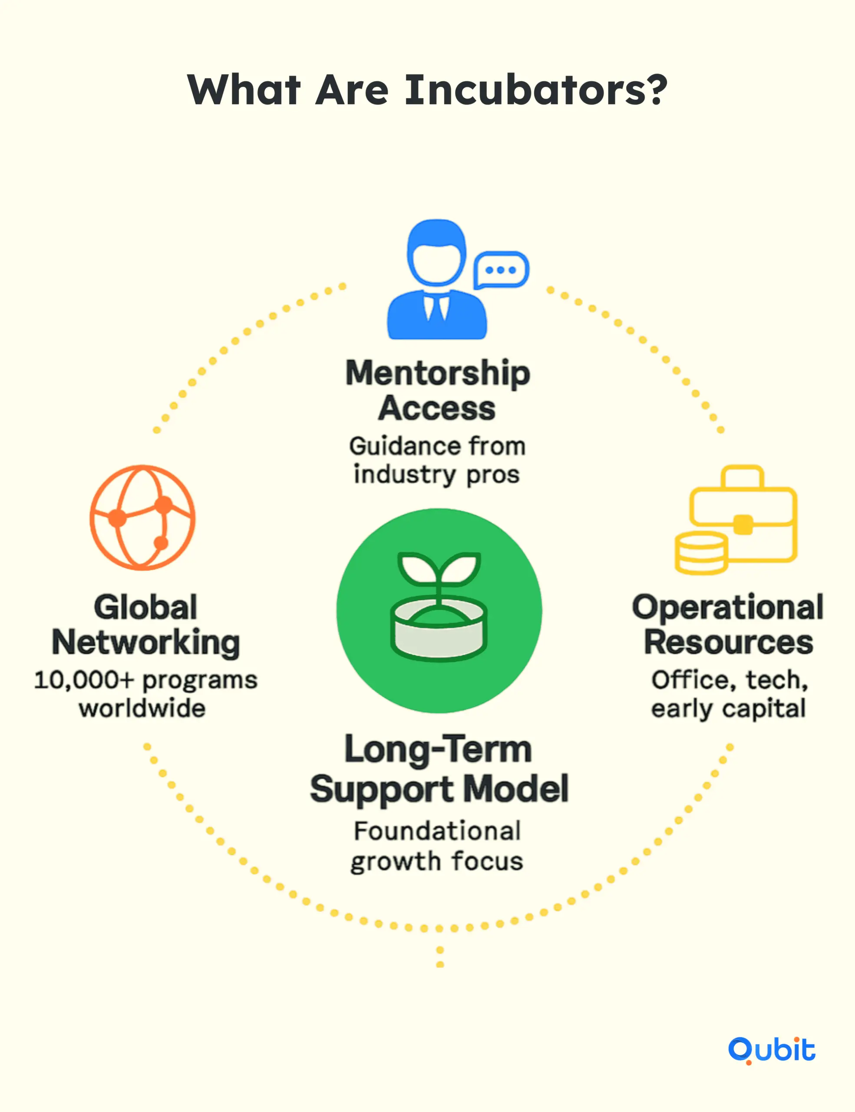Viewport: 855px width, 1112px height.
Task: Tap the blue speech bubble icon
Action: coord(501,270)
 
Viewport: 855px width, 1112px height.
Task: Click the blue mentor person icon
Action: coord(437,280)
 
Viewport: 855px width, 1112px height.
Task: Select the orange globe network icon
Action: coord(142,517)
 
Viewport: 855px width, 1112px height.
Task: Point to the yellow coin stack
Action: coord(700,553)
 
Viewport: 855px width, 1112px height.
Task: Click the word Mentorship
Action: coord(438,374)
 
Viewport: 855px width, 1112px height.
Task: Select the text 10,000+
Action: coord(84,680)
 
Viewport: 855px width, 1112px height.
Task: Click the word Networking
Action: coord(145,643)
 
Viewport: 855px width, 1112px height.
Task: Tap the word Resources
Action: coord(728,642)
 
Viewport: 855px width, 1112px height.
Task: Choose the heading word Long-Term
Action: coord(438,749)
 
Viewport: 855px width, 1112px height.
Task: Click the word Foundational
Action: coord(437,831)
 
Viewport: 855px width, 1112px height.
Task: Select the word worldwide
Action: coord(142,708)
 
